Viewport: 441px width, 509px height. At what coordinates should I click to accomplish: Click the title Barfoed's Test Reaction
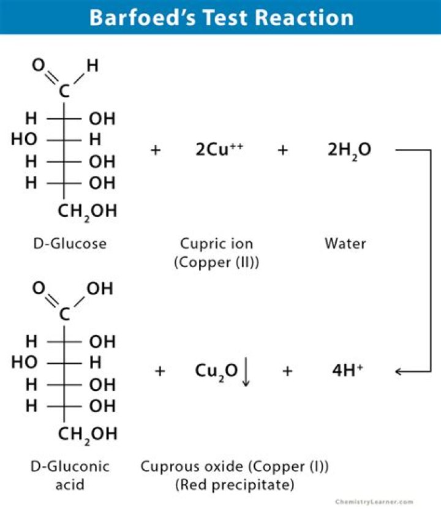pos(221,17)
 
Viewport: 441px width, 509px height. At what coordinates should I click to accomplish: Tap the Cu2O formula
pos(216,371)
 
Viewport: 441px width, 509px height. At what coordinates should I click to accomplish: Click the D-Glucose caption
pos(69,244)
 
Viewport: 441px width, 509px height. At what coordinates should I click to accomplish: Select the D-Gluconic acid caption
pos(69,475)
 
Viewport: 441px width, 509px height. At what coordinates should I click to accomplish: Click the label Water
pos(345,244)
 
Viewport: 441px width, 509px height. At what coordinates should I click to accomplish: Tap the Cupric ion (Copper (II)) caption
pos(216,252)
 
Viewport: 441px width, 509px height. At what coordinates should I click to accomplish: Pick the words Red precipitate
pos(235,485)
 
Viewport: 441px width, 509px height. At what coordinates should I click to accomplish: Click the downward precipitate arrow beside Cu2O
pos(246,372)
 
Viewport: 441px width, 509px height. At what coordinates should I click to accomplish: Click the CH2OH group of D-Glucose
pos(87,212)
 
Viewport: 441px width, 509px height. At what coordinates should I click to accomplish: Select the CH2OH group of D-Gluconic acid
pos(87,434)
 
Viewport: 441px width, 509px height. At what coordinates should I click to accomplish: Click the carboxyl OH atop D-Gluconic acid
pos(99,288)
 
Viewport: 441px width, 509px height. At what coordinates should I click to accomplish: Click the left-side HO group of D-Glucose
pos(24,140)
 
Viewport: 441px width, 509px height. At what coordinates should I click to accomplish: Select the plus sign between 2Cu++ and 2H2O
pos(282,149)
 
